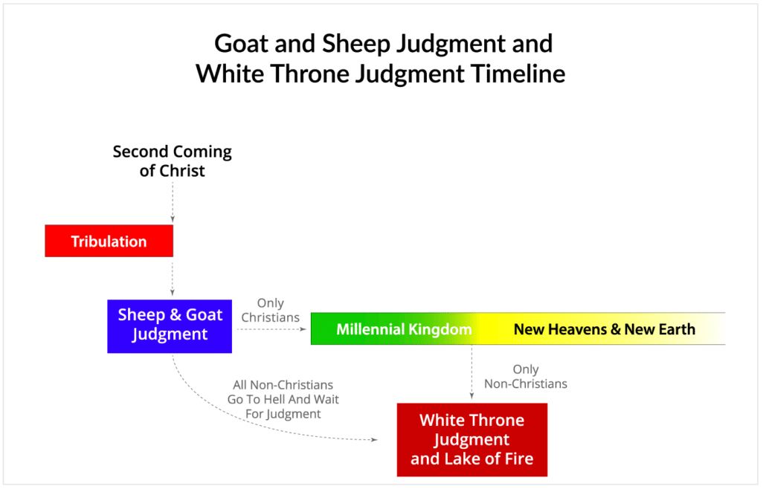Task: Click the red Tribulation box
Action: (x=109, y=241)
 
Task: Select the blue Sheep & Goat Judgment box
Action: (x=170, y=325)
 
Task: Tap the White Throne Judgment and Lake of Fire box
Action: (x=471, y=439)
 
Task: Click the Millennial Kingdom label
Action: (x=404, y=329)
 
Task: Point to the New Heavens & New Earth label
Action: (x=604, y=329)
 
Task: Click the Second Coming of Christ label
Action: (x=172, y=161)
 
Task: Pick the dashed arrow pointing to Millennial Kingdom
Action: (x=271, y=328)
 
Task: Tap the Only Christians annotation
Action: (x=270, y=310)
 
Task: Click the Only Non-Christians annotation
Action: (x=525, y=377)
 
